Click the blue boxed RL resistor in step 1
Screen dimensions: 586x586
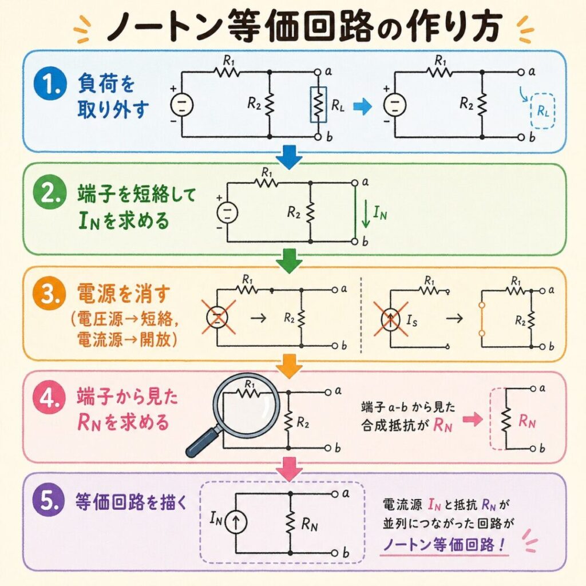pos(318,105)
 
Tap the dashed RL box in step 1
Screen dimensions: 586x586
pos(543,111)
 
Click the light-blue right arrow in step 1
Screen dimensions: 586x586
pos(362,107)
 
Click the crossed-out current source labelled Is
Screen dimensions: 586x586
pos(390,319)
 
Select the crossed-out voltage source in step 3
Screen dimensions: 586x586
pos(217,318)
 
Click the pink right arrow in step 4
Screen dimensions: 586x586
pos(472,419)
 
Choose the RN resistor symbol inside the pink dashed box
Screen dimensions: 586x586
pos(506,419)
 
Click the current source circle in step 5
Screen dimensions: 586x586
pos(236,522)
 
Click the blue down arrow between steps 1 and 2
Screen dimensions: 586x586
pos(289,157)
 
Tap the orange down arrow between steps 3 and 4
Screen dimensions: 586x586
pos(290,366)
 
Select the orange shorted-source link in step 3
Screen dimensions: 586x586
pos(482,319)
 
